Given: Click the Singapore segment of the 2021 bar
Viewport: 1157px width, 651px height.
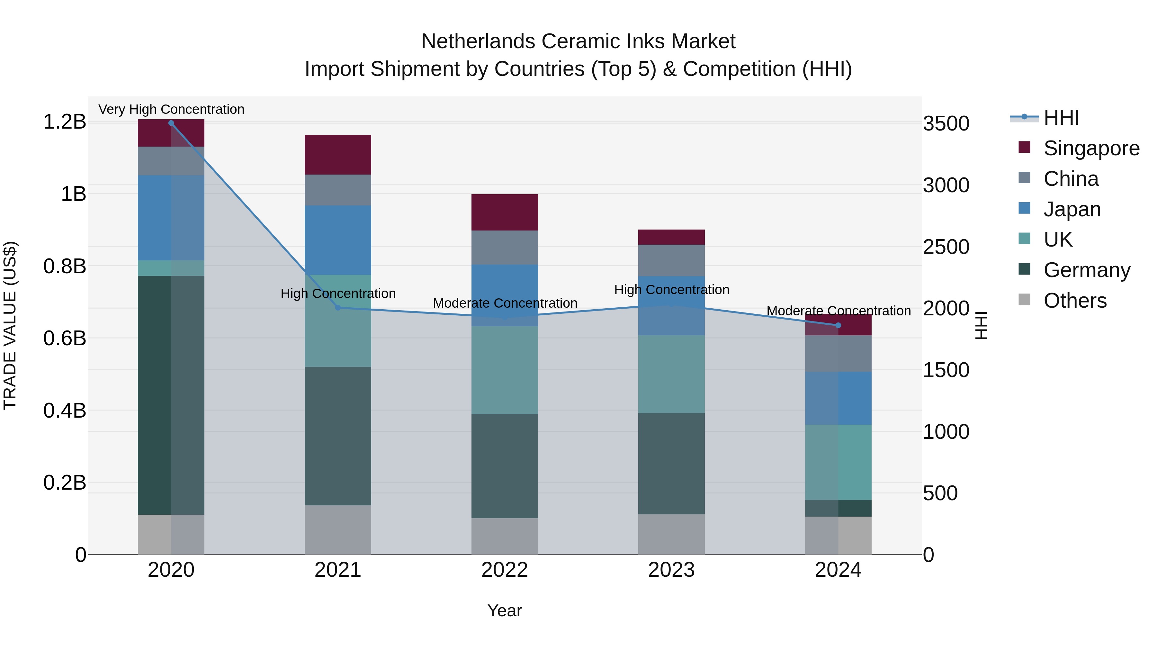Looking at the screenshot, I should click(x=338, y=155).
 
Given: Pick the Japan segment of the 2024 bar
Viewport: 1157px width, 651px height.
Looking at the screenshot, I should click(x=838, y=398).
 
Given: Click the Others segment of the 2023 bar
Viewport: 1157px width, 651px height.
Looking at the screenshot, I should click(x=671, y=534).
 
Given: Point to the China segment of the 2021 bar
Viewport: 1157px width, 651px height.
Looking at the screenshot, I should click(x=338, y=190).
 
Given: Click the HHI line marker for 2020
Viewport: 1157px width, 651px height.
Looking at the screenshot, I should click(x=171, y=123).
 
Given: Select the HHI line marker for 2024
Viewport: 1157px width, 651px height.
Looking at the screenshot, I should click(x=838, y=325).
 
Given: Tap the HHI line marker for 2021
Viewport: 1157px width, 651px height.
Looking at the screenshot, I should click(x=338, y=308).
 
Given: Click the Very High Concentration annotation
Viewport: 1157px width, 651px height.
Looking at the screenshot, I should click(x=171, y=109).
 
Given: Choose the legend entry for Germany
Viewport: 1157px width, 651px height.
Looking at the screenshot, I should click(x=1087, y=270).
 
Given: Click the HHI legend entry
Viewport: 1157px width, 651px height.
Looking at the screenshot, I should click(x=1061, y=118).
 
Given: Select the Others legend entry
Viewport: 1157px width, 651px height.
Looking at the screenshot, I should click(x=1075, y=301).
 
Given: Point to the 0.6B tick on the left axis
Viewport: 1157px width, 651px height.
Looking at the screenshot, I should click(x=64, y=338).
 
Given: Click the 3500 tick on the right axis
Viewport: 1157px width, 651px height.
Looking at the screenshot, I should click(x=946, y=123).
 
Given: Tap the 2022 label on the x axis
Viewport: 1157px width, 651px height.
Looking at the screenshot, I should click(x=504, y=570).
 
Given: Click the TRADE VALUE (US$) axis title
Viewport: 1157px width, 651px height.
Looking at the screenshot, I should click(x=10, y=325).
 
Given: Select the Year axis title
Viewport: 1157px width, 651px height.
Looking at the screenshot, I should click(x=504, y=610).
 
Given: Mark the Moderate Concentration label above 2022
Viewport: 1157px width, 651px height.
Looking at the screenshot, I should click(x=505, y=303).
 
